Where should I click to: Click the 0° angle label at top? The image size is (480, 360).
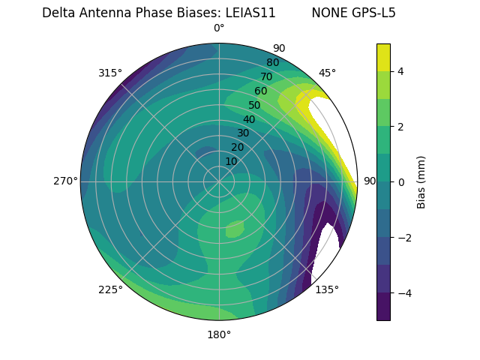(x=219, y=28)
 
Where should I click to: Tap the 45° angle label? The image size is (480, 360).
(x=327, y=73)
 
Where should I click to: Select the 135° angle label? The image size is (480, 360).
(x=327, y=289)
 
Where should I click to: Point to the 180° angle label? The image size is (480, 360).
(x=219, y=334)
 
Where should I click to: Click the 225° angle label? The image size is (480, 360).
(x=110, y=289)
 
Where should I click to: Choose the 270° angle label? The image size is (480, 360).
(x=65, y=181)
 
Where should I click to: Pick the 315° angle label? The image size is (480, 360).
(x=110, y=73)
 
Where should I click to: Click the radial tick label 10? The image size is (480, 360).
(x=231, y=161)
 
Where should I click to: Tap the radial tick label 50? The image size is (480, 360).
(x=254, y=105)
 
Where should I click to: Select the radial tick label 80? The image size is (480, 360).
(x=272, y=62)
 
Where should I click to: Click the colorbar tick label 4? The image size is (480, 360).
(x=400, y=71)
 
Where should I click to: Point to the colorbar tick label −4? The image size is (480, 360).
(x=403, y=292)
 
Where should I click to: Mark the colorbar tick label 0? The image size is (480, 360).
(x=400, y=181)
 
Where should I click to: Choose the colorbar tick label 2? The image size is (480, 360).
(x=400, y=127)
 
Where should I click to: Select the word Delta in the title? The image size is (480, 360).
(x=58, y=13)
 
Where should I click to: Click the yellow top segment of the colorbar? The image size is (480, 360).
(x=383, y=57)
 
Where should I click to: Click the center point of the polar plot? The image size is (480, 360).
(x=219, y=181)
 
